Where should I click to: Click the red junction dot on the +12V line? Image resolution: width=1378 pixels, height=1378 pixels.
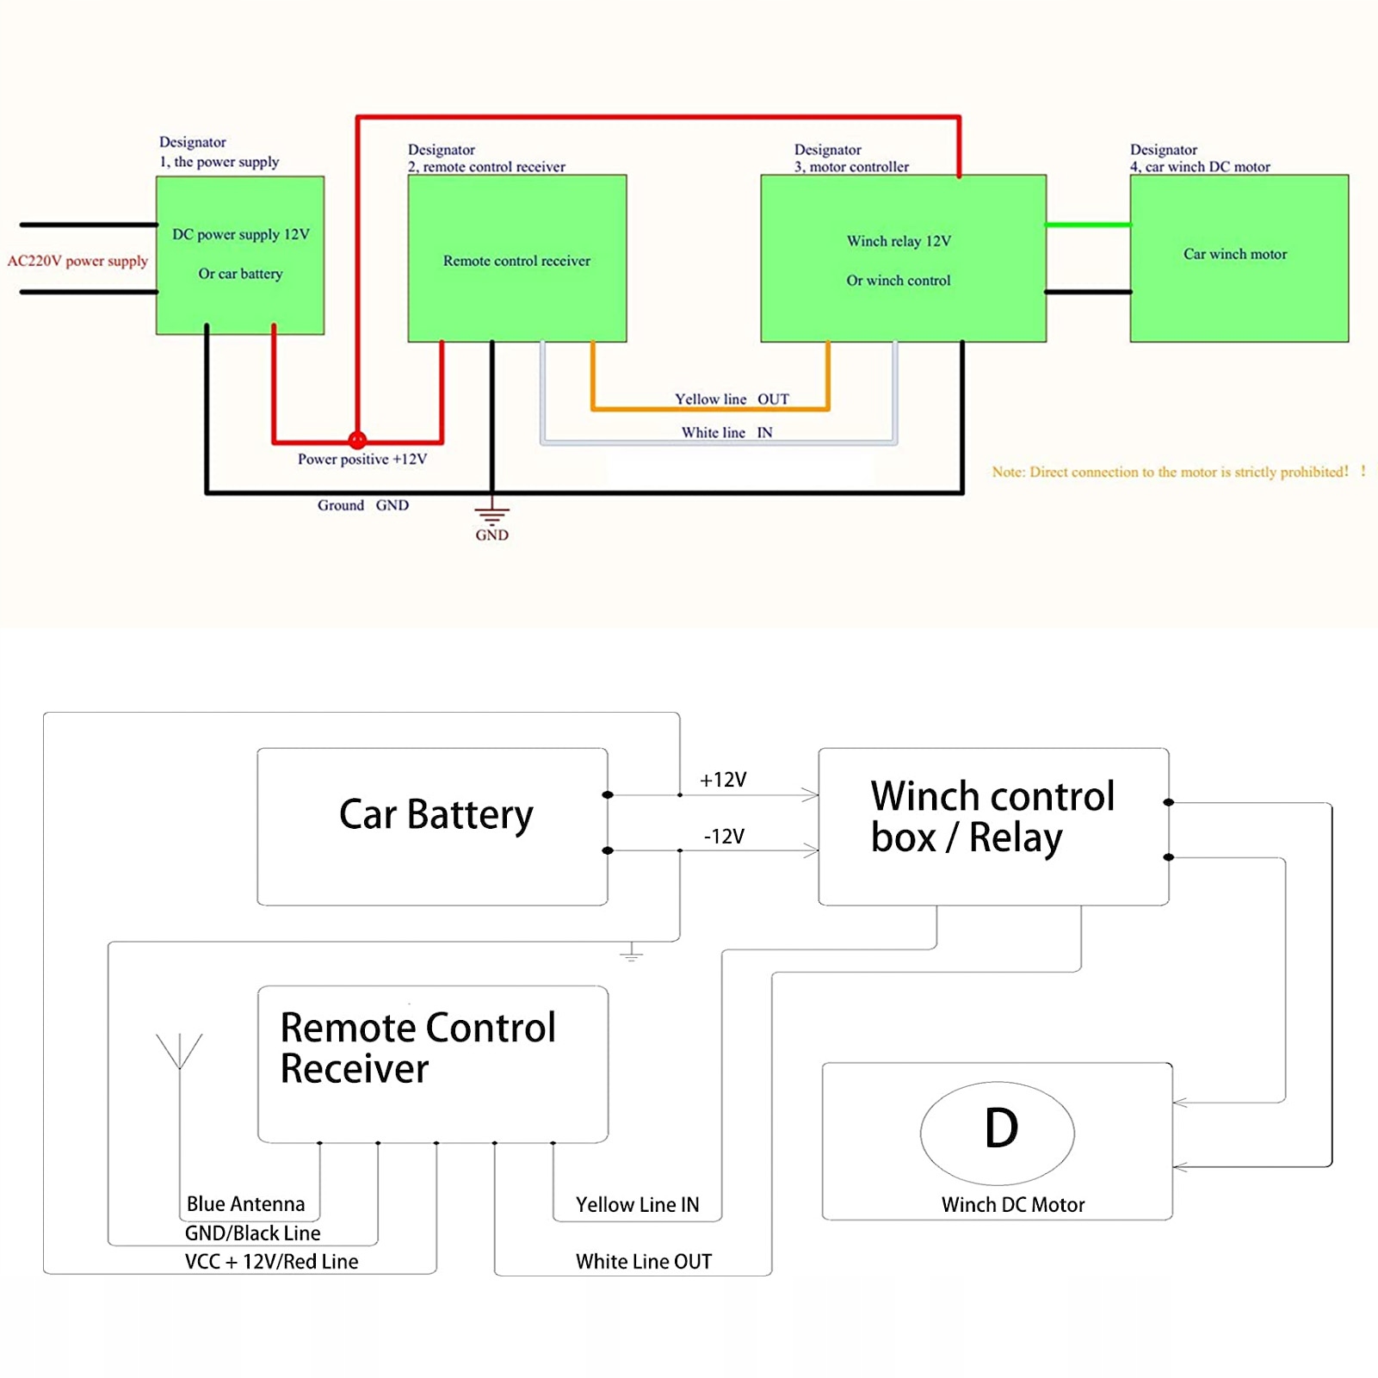pyautogui.click(x=357, y=440)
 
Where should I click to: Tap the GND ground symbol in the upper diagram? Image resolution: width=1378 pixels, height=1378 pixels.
pyautogui.click(x=491, y=516)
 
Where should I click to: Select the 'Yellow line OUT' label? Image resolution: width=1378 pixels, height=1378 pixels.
pyautogui.click(x=731, y=399)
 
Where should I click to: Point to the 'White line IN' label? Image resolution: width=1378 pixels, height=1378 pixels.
pyautogui.click(x=726, y=432)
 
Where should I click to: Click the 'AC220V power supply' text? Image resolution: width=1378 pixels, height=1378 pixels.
pyautogui.click(x=77, y=261)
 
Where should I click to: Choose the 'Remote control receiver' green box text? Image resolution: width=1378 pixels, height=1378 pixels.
pyautogui.click(x=516, y=261)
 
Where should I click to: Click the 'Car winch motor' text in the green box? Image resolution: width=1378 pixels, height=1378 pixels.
pyautogui.click(x=1235, y=254)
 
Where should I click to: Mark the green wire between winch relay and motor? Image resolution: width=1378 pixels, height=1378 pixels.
pyautogui.click(x=1088, y=225)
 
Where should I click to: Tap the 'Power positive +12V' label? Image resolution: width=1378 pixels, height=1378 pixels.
pyautogui.click(x=361, y=460)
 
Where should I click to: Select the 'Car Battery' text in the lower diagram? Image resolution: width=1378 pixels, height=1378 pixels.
pyautogui.click(x=436, y=814)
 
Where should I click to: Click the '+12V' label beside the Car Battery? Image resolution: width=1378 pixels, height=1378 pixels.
pyautogui.click(x=723, y=780)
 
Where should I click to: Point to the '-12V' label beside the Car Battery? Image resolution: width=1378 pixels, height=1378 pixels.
pyautogui.click(x=724, y=837)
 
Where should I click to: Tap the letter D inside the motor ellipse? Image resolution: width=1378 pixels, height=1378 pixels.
pyautogui.click(x=1001, y=1128)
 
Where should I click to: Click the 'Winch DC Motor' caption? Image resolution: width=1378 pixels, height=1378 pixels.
pyautogui.click(x=1012, y=1205)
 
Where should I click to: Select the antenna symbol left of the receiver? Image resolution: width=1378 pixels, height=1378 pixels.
pyautogui.click(x=179, y=1052)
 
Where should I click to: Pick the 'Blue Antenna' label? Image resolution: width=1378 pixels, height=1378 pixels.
pyautogui.click(x=245, y=1204)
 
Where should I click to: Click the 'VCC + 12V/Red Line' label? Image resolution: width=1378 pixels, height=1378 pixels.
pyautogui.click(x=271, y=1262)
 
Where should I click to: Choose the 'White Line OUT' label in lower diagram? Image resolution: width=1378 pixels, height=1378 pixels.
pyautogui.click(x=644, y=1262)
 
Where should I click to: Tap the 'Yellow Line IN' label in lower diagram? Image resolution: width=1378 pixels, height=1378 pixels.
pyautogui.click(x=637, y=1205)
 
